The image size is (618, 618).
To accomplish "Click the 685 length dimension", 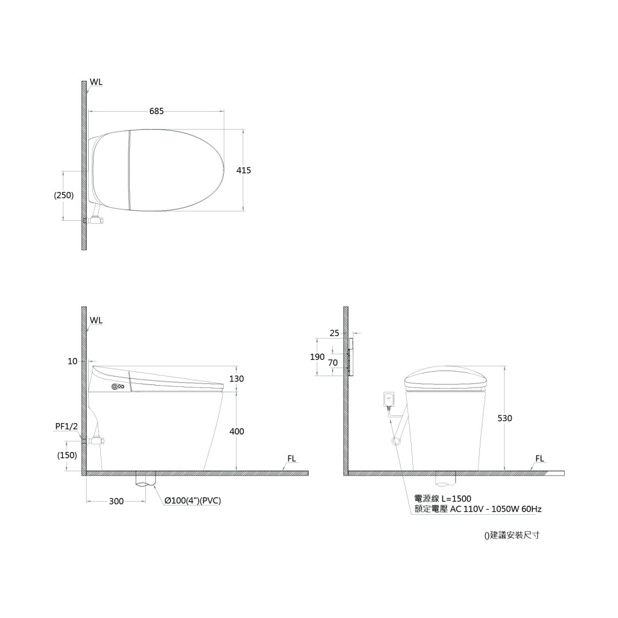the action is pyautogui.click(x=156, y=112).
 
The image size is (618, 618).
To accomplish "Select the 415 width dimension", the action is pyautogui.click(x=244, y=170).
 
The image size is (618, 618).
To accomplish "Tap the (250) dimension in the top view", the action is pyautogui.click(x=64, y=195).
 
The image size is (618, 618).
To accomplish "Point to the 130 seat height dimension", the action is pyautogui.click(x=237, y=379).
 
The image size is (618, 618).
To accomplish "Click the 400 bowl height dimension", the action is pyautogui.click(x=237, y=432).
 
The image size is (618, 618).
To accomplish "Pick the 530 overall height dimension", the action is pyautogui.click(x=505, y=418).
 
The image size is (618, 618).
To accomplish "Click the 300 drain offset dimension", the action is pyautogui.click(x=116, y=502).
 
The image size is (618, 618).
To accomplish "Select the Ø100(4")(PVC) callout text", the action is pyautogui.click(x=193, y=501).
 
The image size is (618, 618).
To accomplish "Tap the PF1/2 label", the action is pyautogui.click(x=66, y=427).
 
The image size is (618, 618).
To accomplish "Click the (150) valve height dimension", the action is pyautogui.click(x=67, y=455).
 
